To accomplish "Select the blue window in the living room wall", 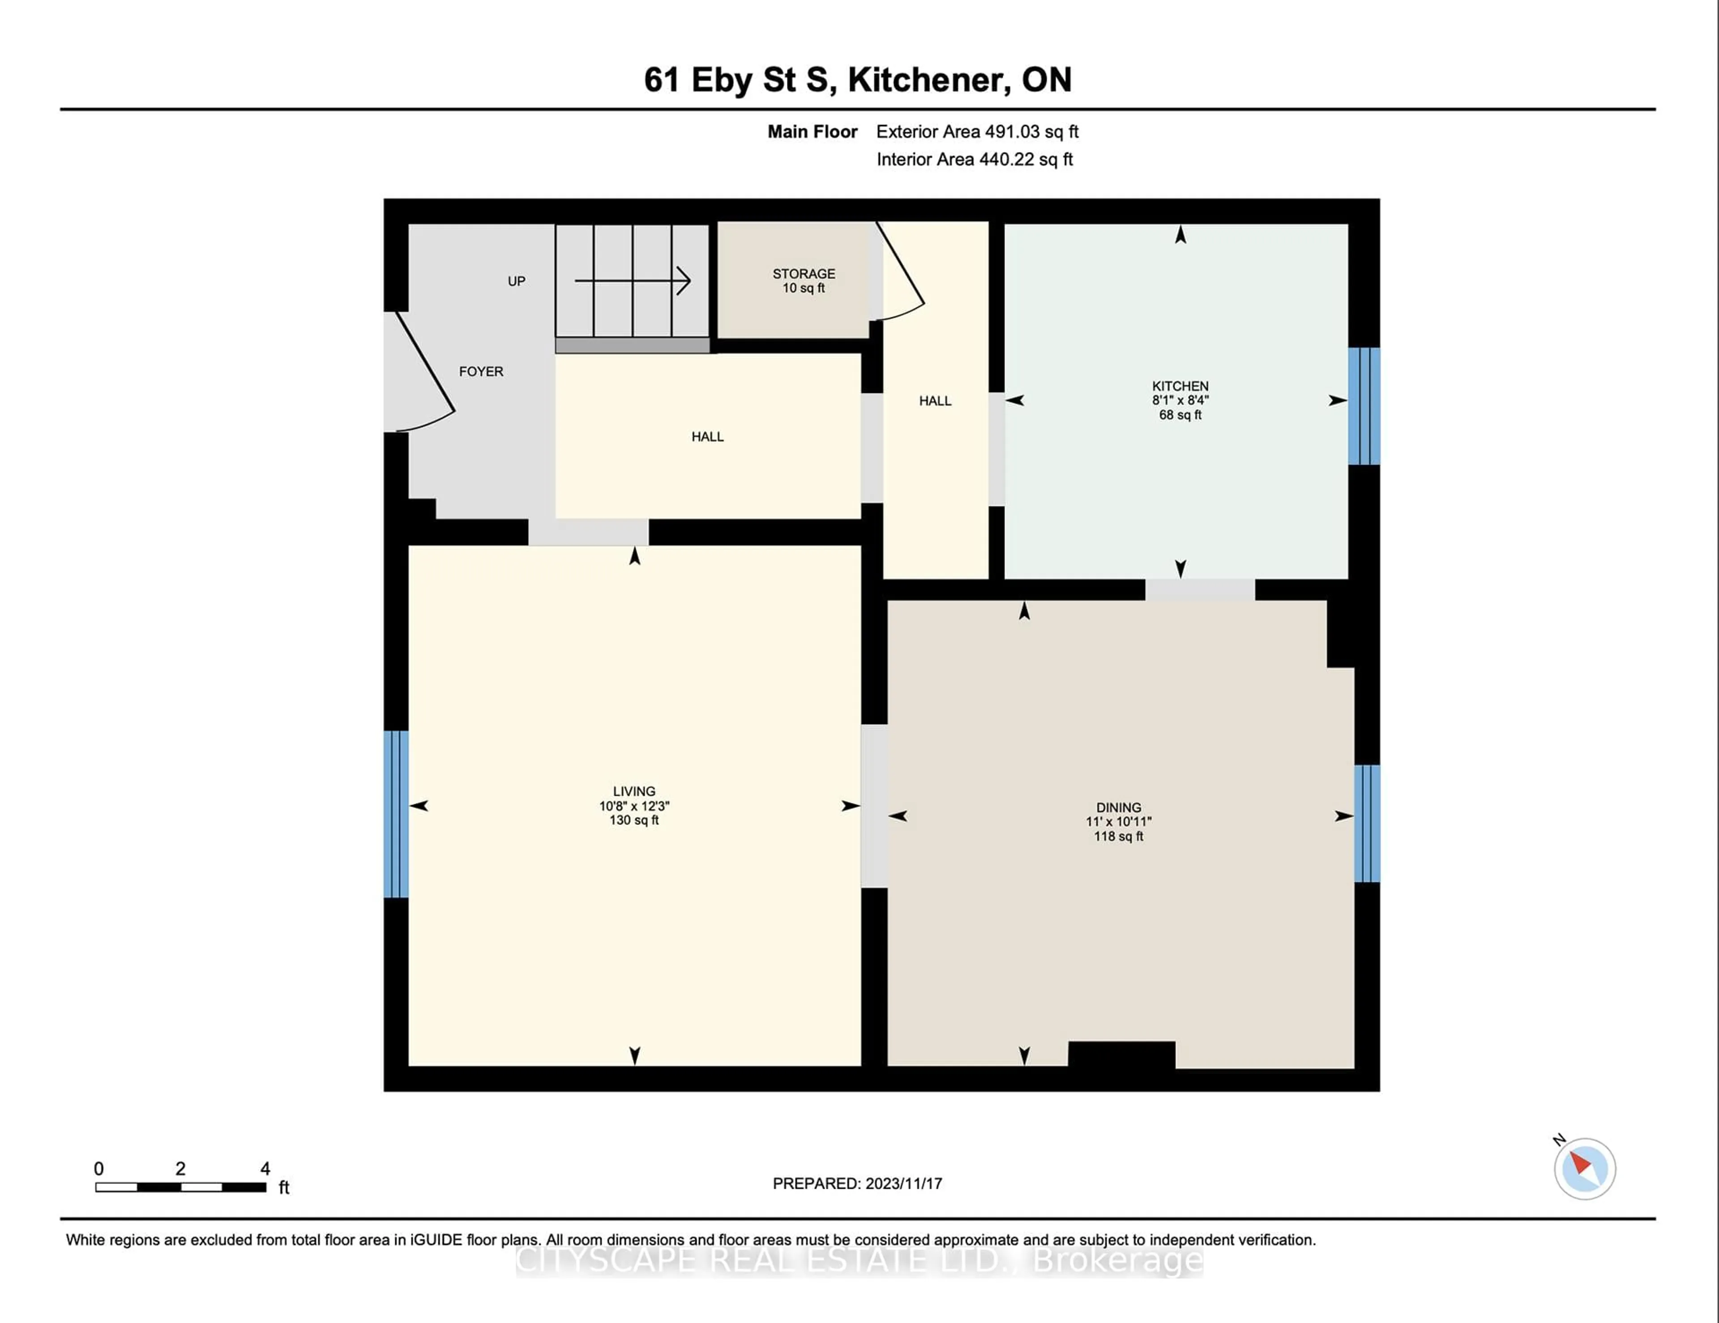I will tap(396, 814).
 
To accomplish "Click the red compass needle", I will tap(1581, 1163).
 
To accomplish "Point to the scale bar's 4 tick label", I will tap(265, 1169).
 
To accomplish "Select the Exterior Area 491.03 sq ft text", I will tap(977, 132).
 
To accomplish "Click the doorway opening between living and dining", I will tap(874, 806).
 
